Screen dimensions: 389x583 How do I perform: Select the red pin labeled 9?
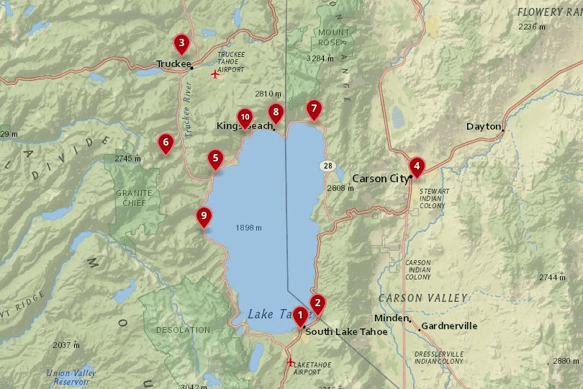(x=204, y=215)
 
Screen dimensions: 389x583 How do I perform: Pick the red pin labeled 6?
(x=166, y=143)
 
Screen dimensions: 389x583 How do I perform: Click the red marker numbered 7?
(x=313, y=109)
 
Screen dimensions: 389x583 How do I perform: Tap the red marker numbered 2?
(x=317, y=303)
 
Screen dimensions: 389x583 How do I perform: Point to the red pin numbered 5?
(x=214, y=158)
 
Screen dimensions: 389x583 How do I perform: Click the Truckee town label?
(x=173, y=64)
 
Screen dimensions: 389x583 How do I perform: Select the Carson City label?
(x=380, y=178)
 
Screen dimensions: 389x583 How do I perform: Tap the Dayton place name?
(x=484, y=126)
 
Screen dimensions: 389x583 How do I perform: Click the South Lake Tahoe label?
(x=346, y=332)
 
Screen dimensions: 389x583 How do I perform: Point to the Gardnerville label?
(x=449, y=326)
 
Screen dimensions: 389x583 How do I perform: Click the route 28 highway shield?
(x=327, y=166)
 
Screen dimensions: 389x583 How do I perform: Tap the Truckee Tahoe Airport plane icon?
(x=214, y=73)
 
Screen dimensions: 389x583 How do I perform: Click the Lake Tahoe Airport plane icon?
(x=291, y=362)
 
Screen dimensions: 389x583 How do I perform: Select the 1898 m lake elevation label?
(x=248, y=228)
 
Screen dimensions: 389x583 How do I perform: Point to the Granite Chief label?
(x=134, y=198)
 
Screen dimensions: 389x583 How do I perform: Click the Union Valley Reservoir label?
(x=71, y=377)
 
